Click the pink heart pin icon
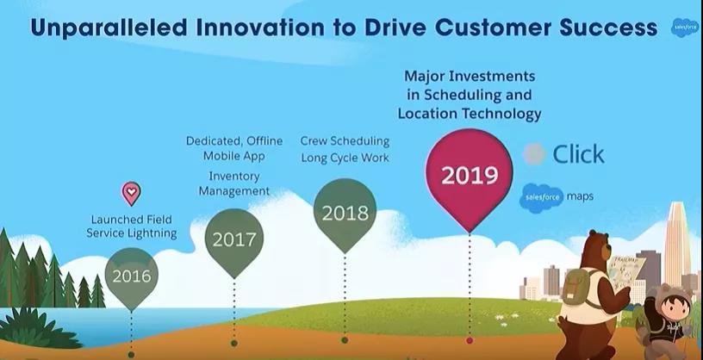(131, 193)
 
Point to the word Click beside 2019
(578, 154)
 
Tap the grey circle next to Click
(534, 154)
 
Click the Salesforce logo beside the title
(685, 28)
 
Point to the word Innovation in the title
(260, 28)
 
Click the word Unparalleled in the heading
(109, 28)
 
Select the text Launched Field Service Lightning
(131, 227)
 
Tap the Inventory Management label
(234, 183)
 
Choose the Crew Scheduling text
(345, 140)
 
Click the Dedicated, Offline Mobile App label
(234, 148)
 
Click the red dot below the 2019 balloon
(470, 341)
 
